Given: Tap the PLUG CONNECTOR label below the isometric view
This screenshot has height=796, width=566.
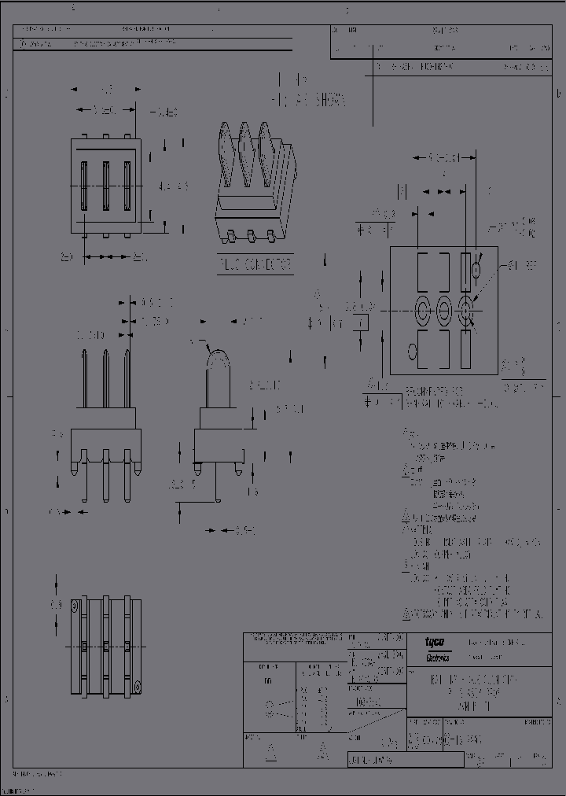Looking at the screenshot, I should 255,265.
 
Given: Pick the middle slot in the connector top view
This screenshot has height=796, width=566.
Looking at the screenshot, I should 105,186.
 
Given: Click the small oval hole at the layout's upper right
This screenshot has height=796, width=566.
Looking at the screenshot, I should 476,270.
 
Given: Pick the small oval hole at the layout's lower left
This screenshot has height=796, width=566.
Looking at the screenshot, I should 411,351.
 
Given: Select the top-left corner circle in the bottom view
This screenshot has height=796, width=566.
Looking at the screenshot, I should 74,606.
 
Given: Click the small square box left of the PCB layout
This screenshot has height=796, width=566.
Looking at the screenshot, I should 361,322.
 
